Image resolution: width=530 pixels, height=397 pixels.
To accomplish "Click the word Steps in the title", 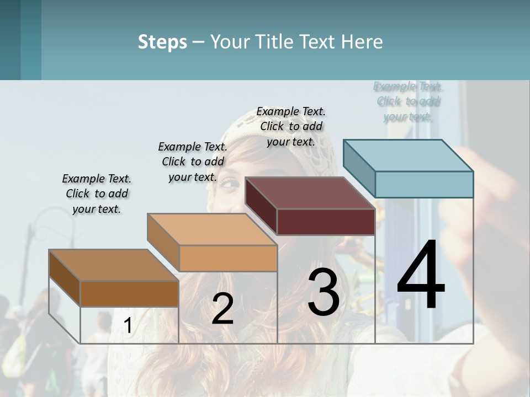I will (x=162, y=42).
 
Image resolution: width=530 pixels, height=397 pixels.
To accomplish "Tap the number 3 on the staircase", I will (x=324, y=292).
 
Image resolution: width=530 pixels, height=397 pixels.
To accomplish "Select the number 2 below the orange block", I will (x=222, y=309).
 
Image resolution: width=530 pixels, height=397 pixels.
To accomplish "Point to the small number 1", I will (x=128, y=326).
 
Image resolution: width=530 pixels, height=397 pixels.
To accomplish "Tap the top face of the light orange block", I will (x=212, y=229).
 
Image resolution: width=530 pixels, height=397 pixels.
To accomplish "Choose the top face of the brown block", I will (x=114, y=265).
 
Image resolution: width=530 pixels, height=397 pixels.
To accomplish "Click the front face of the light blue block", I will (x=424, y=184).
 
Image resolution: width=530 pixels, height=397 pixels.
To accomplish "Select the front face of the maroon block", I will (x=326, y=222).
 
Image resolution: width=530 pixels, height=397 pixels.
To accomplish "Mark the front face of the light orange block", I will (x=228, y=258).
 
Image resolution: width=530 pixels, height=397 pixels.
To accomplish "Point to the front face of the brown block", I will (x=129, y=293).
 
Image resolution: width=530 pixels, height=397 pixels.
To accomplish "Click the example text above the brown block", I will (x=97, y=194).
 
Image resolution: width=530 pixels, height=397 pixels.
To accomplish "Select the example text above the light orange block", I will (x=193, y=162).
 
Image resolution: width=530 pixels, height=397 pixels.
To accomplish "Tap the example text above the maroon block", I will (x=291, y=126).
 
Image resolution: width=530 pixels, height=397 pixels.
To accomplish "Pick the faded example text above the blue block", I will (x=408, y=101).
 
